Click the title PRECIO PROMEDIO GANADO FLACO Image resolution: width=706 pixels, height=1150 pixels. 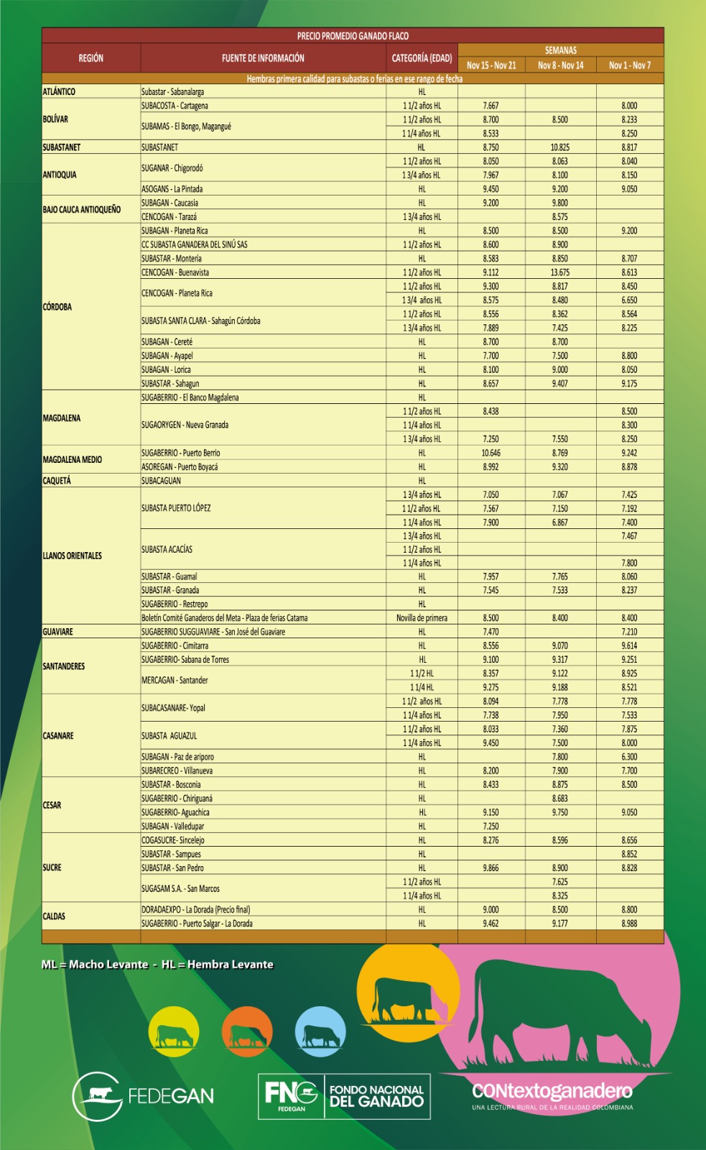click(x=353, y=35)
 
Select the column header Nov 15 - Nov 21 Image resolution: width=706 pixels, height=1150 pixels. click(x=491, y=65)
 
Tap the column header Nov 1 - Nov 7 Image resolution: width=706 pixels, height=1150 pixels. click(x=629, y=65)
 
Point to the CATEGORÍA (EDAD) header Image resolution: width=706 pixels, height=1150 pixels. click(x=422, y=58)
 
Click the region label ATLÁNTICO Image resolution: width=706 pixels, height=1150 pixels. click(x=59, y=92)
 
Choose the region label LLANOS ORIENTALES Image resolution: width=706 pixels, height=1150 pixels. click(x=73, y=556)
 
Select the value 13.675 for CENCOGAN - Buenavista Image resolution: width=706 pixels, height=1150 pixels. click(x=560, y=272)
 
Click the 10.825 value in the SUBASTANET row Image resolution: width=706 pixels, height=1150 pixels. click(x=560, y=147)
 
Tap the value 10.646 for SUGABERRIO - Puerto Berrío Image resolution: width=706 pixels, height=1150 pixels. click(x=491, y=453)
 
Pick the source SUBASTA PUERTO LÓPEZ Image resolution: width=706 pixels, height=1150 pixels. click(x=176, y=508)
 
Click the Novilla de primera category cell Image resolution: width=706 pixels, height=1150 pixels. click(x=422, y=618)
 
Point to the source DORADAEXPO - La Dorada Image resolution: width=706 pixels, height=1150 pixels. click(x=195, y=910)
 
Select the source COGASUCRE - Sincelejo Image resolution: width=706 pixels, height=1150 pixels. click(x=173, y=840)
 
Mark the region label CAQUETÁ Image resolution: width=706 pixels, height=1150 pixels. click(x=57, y=481)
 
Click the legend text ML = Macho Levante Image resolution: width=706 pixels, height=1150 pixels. click(x=95, y=965)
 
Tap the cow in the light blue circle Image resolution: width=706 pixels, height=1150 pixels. click(x=320, y=1033)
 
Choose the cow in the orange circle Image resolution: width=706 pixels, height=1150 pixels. click(x=247, y=1033)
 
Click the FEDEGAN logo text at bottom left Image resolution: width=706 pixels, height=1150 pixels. click(x=171, y=1096)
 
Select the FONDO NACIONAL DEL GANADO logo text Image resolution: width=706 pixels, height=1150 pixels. click(x=376, y=1096)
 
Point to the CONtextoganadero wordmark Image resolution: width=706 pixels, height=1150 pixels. click(x=552, y=1091)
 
